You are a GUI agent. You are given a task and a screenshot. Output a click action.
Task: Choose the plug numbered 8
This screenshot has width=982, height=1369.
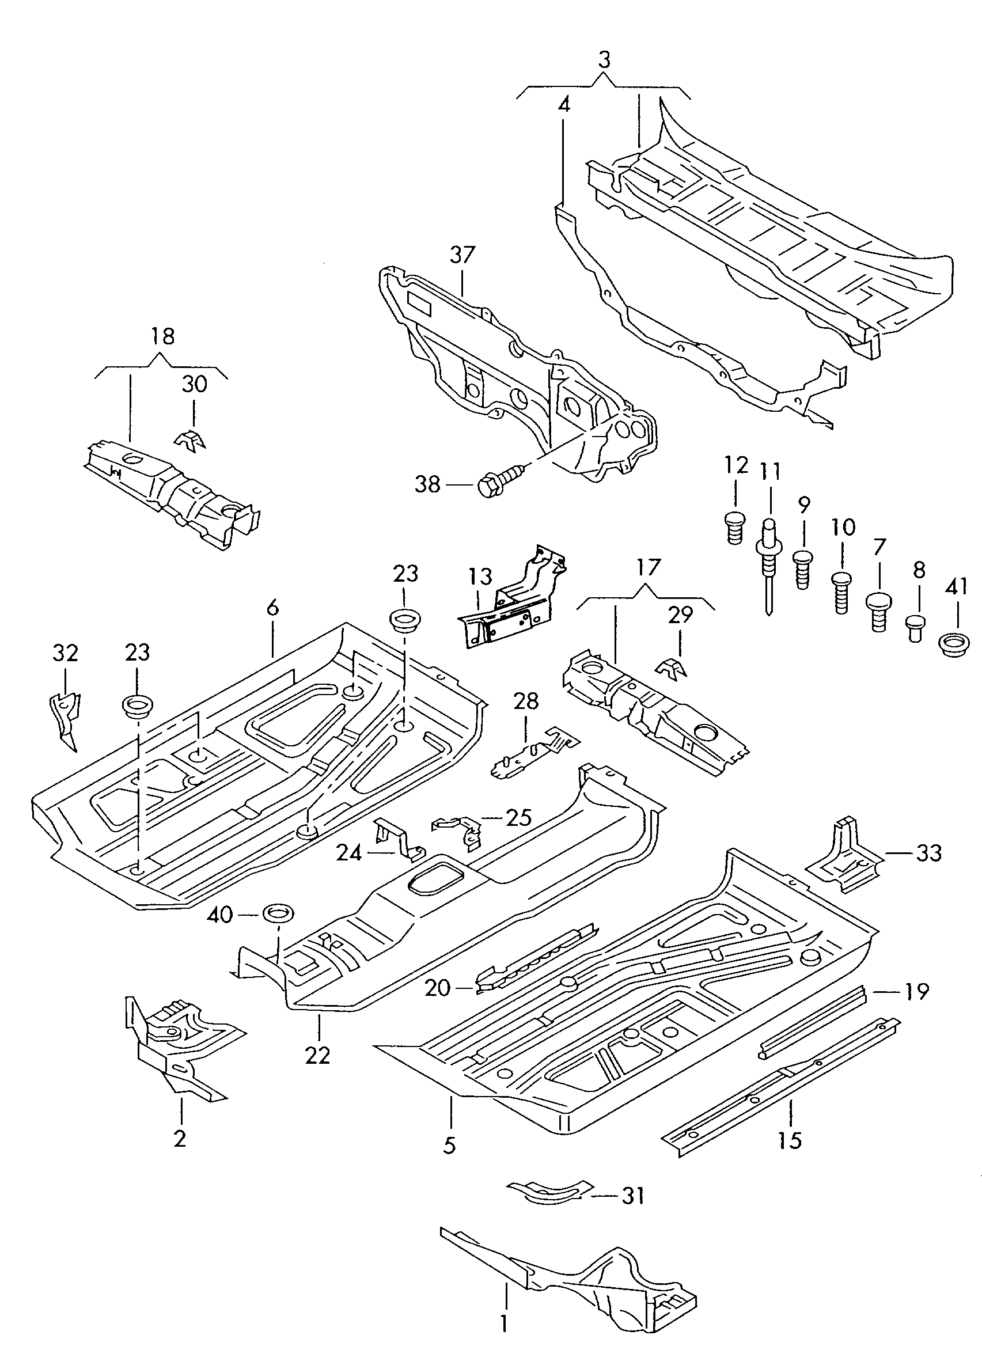coord(916,628)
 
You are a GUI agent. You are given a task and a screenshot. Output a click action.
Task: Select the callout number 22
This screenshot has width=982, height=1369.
coord(317,1055)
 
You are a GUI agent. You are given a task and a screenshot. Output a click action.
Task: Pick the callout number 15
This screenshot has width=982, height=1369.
coord(789,1140)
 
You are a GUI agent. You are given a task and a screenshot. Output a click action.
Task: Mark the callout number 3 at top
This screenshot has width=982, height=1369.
coord(604,60)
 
